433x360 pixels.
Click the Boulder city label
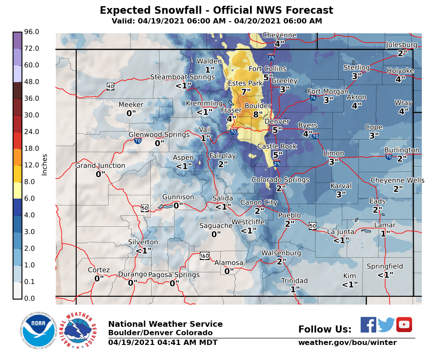tap(257, 106)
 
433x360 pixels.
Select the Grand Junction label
tap(100, 166)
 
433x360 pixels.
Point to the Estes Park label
tap(246, 83)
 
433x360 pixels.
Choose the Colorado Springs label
tap(281, 180)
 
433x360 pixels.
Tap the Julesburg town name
tap(402, 45)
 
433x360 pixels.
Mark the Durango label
tap(133, 275)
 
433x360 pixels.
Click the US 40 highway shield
tap(110, 86)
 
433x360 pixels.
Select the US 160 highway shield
tap(204, 256)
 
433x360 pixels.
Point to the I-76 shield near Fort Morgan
tap(313, 97)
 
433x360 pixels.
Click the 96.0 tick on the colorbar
tap(31, 32)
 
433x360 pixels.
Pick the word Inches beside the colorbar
tap(44, 165)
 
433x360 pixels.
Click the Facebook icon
tap(368, 325)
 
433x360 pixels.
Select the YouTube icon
tap(404, 325)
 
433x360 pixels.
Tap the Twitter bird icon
tap(386, 325)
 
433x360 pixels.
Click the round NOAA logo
tap(37, 330)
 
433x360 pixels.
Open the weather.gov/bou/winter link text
tap(347, 343)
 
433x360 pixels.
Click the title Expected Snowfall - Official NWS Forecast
tap(216, 10)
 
